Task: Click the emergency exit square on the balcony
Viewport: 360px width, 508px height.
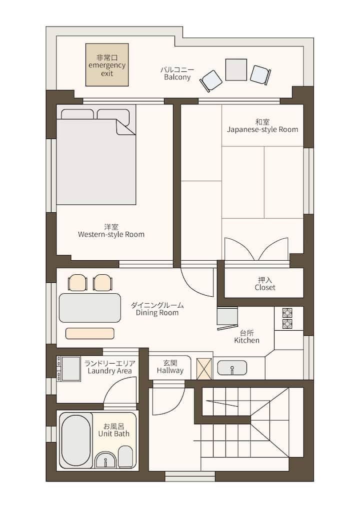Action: (107, 65)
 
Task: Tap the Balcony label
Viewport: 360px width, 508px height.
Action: (177, 73)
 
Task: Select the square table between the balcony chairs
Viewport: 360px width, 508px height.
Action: (236, 69)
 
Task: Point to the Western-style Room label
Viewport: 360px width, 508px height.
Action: (111, 231)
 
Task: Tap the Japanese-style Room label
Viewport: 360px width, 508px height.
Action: (262, 126)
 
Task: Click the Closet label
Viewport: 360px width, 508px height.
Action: (265, 284)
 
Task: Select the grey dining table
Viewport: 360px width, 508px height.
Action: (90, 308)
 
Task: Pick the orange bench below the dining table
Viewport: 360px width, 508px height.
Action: (90, 333)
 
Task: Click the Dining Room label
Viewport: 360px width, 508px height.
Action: (157, 309)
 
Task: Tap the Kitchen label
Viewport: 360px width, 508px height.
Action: (247, 337)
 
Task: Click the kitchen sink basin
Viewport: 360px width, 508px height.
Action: (232, 368)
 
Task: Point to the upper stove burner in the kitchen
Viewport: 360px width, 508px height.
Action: (287, 313)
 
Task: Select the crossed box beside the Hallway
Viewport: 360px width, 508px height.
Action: (204, 369)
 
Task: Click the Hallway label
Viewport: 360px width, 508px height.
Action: (170, 367)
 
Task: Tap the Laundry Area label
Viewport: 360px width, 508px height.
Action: (109, 368)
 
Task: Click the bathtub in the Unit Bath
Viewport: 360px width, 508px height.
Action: (76, 440)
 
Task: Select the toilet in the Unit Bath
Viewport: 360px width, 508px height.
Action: (125, 457)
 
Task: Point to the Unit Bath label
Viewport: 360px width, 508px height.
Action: (114, 430)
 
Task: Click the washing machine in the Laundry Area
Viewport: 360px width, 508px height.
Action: (69, 369)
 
